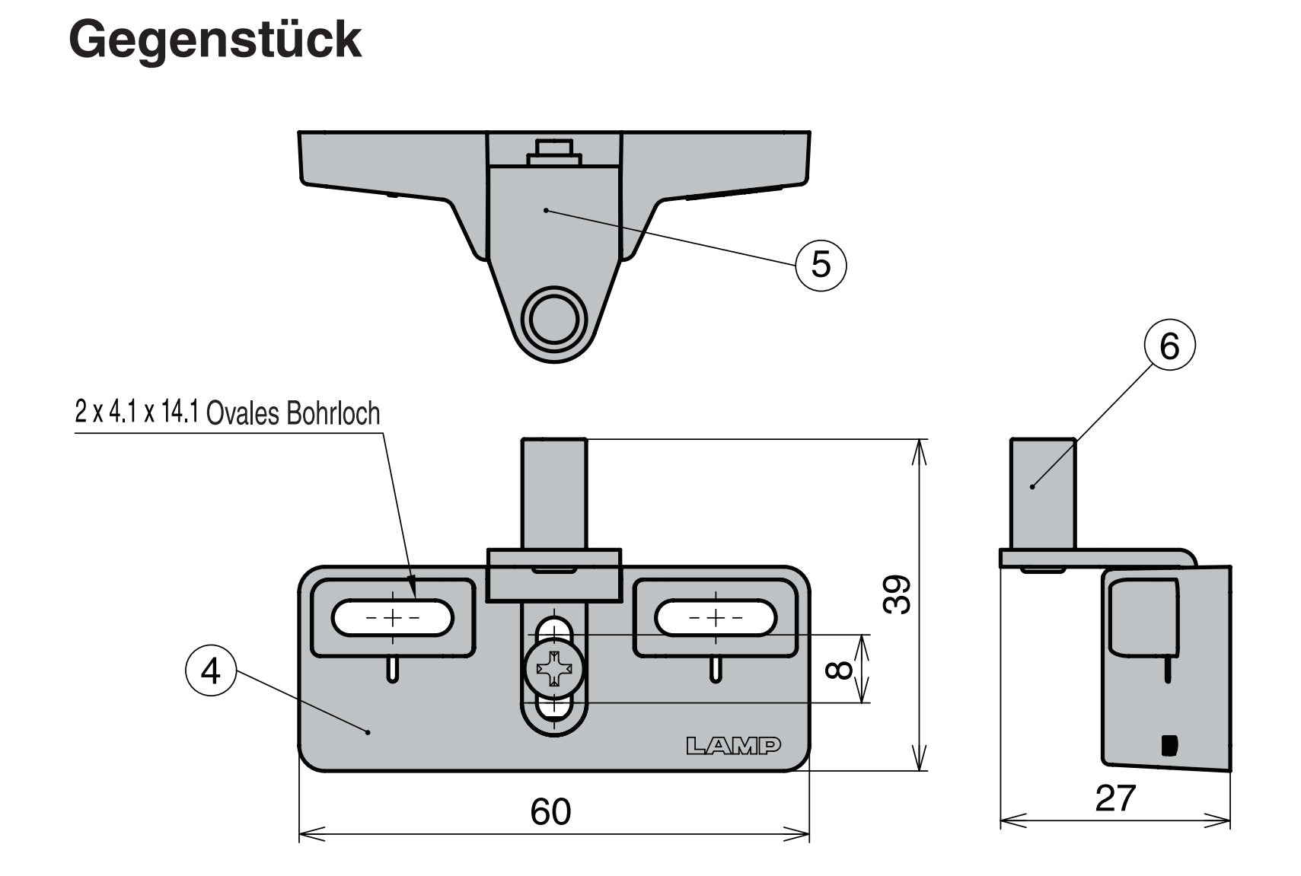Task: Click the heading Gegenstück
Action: coord(215,40)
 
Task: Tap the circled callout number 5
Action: coord(820,264)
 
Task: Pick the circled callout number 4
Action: coord(210,671)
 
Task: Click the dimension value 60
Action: coord(550,811)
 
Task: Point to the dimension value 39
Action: coord(898,595)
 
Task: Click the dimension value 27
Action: coord(1114,798)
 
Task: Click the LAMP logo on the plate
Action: coord(733,746)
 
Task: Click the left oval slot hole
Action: coord(392,617)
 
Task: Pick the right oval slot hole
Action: coord(715,617)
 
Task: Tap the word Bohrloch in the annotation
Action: coord(333,413)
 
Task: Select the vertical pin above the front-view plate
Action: coord(553,493)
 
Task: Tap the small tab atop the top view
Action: coord(553,151)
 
